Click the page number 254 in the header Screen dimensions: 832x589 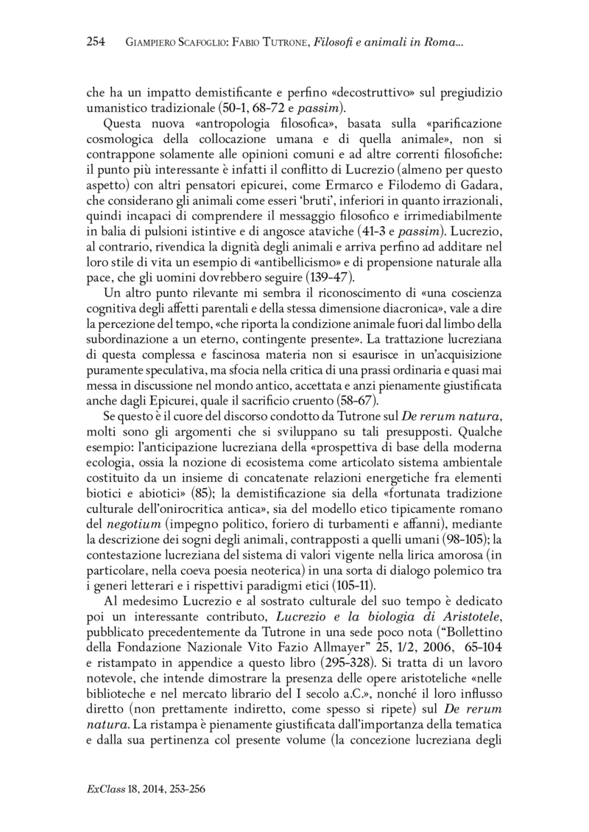pyautogui.click(x=97, y=42)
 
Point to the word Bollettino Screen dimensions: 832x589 pyautogui.click(x=466, y=651)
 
